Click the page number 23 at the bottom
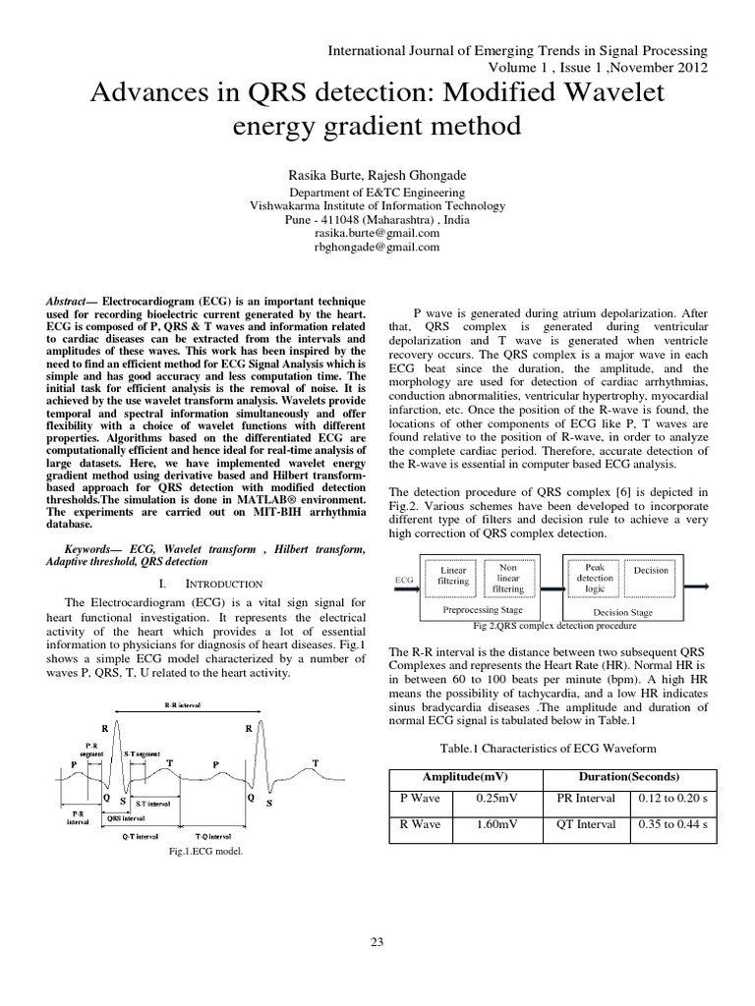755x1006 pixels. (377, 943)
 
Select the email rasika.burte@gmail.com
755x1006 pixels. (377, 234)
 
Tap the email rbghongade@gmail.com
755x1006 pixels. (377, 248)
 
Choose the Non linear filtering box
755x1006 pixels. (508, 577)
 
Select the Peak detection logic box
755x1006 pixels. (596, 579)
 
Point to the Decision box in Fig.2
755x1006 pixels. (651, 570)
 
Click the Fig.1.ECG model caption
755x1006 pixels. (205, 852)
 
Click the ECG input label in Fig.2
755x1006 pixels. (403, 580)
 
